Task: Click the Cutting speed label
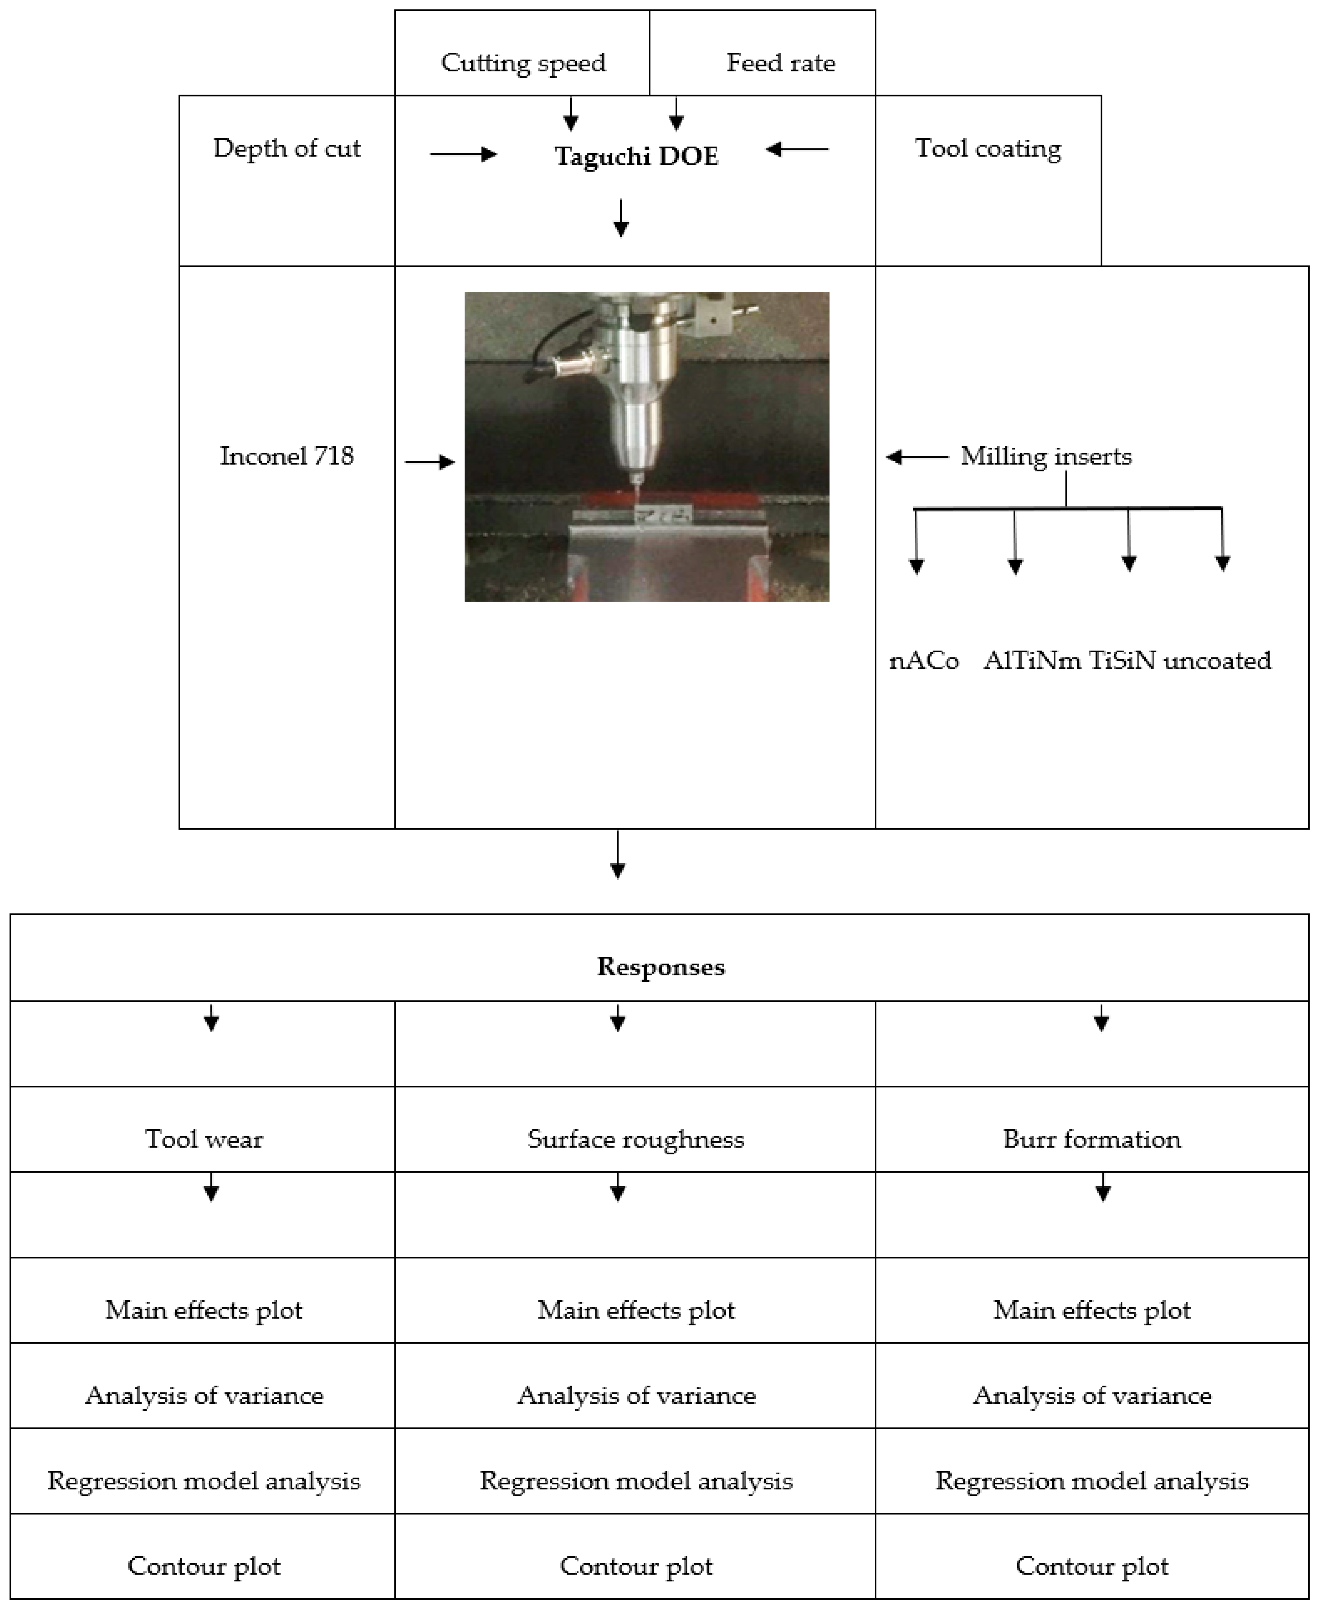(524, 62)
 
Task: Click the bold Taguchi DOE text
(636, 156)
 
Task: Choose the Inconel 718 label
(287, 456)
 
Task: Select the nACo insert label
(924, 661)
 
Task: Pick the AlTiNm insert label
(1032, 661)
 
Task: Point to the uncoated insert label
(1217, 661)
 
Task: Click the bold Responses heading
(660, 966)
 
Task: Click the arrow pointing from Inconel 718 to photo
(430, 461)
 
